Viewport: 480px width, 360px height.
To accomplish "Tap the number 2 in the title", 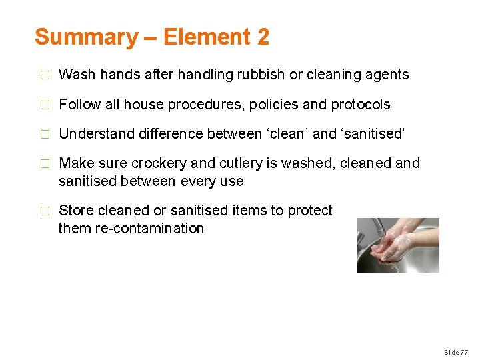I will pyautogui.click(x=262, y=37).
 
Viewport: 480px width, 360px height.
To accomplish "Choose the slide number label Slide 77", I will pyautogui.click(x=456, y=351).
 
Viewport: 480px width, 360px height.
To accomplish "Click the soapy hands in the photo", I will pyautogui.click(x=393, y=247).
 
